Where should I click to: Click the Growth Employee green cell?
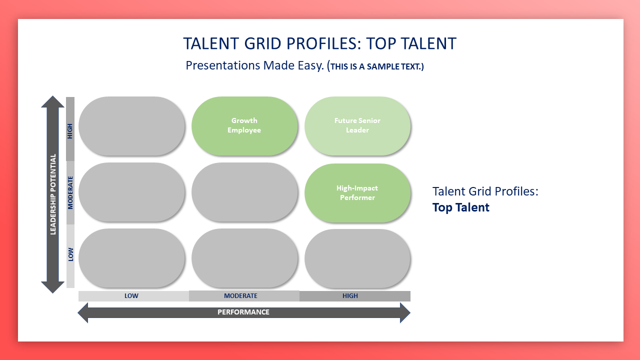tap(244, 126)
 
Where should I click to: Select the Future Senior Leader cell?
tap(357, 126)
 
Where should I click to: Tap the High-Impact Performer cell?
tap(357, 193)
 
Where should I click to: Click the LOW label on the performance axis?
tap(131, 295)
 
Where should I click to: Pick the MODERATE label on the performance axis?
tap(240, 295)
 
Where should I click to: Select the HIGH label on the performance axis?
tap(350, 295)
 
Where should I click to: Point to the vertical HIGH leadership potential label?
tap(70, 131)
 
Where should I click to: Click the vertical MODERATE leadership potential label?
tap(70, 192)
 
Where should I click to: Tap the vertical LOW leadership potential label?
tap(70, 254)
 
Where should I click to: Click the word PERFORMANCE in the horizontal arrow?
tap(243, 312)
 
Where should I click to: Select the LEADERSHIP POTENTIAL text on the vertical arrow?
tap(53, 194)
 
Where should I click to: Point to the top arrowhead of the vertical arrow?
tap(52, 96)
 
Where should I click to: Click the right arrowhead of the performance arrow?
tap(409, 313)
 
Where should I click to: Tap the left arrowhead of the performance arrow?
tap(78, 313)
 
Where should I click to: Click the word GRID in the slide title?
tap(262, 43)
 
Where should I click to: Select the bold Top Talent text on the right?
tap(460, 207)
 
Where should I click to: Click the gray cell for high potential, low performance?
tap(131, 126)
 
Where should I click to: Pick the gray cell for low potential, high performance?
tap(357, 258)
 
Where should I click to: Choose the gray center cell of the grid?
tap(244, 192)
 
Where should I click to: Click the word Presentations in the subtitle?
tap(223, 65)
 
